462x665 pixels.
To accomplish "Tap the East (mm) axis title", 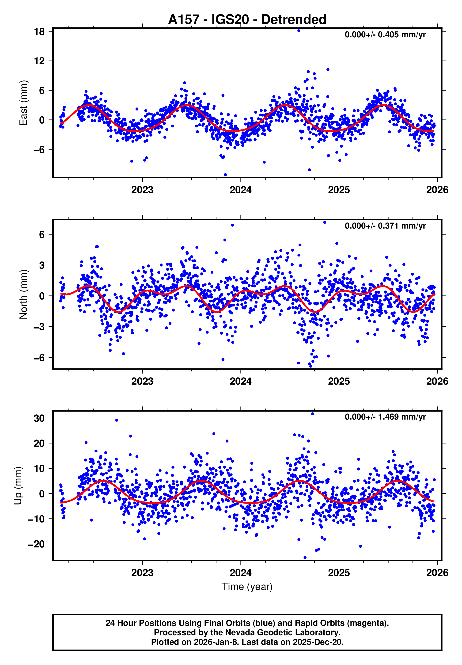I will tap(23, 103).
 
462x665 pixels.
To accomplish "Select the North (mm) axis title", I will tap(23, 294).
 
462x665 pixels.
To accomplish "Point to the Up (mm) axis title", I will tap(18, 486).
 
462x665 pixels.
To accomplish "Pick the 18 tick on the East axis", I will tap(39, 32).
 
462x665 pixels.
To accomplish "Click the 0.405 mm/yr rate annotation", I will tap(385, 35).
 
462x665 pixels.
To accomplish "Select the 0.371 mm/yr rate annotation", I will tap(385, 226).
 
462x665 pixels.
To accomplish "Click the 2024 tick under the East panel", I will tap(241, 190).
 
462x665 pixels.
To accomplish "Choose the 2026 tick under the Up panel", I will tap(437, 573).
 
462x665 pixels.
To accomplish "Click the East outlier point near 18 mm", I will tap(299, 31).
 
